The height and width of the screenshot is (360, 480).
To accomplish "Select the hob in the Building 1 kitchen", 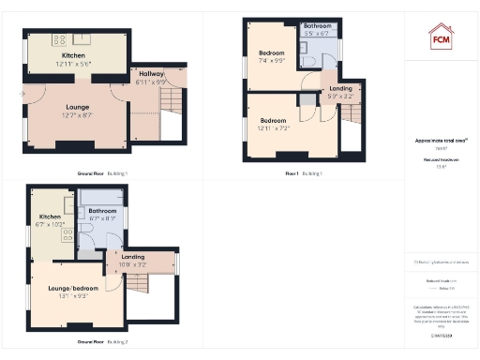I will [x=59, y=39].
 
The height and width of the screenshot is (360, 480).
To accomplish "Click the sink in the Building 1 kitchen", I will [x=81, y=39].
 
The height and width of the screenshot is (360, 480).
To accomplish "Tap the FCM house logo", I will [x=441, y=37].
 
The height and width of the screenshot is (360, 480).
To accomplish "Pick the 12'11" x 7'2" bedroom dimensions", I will [x=273, y=127].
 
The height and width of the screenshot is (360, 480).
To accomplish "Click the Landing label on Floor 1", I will [x=341, y=88].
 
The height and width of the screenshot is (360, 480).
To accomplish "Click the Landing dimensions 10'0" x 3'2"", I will [x=132, y=265].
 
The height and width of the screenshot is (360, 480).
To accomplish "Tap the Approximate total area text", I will [x=441, y=141].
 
